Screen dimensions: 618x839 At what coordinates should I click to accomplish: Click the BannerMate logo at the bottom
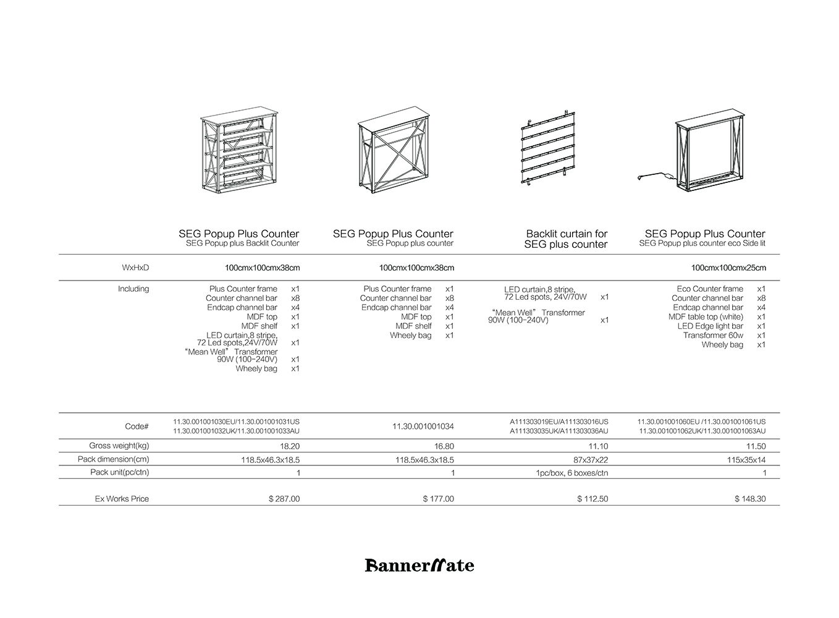419,565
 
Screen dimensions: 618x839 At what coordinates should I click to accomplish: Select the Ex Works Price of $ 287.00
284,499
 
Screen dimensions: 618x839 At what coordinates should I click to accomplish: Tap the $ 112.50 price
592,499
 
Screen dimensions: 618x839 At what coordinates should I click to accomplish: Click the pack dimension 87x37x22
591,460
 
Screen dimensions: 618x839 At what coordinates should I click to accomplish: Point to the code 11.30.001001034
423,426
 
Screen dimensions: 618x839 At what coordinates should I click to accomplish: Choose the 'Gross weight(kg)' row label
119,446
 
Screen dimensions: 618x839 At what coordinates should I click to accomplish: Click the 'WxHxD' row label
136,268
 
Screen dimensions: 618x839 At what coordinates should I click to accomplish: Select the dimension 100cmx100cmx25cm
728,268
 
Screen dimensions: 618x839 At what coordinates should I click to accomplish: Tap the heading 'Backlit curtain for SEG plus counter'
566,239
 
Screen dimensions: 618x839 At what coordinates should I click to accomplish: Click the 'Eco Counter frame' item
710,289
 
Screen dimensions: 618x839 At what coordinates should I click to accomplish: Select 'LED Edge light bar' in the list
710,326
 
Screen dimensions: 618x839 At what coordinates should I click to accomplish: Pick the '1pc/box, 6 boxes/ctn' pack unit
571,473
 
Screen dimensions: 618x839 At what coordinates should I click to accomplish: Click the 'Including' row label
133,289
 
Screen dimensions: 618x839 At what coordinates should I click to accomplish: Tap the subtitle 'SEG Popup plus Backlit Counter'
242,243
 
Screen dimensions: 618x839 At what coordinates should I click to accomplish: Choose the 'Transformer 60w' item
713,336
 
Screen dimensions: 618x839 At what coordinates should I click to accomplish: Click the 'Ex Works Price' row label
122,499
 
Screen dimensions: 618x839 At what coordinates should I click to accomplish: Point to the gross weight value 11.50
756,446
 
